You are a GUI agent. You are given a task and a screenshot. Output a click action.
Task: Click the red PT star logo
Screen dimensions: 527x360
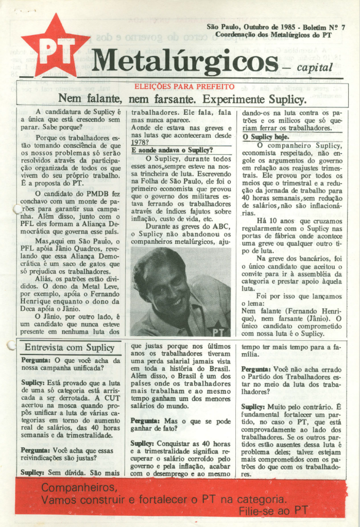55,48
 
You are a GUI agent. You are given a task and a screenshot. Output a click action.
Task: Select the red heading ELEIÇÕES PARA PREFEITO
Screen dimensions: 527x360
184,87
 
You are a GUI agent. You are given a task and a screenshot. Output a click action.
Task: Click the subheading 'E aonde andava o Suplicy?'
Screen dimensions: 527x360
172,150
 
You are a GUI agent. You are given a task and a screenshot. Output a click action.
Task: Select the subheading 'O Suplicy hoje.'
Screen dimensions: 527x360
266,137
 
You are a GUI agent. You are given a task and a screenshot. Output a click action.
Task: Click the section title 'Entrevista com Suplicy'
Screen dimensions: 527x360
69,347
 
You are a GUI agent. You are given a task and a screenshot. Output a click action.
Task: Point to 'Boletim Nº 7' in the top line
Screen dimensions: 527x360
324,26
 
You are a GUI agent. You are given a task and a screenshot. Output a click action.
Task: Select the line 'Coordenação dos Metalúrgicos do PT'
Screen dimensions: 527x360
273,34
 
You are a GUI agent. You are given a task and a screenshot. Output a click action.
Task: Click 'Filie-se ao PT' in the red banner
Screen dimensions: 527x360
273,510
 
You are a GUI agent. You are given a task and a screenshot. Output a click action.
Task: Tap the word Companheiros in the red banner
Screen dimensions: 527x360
79,487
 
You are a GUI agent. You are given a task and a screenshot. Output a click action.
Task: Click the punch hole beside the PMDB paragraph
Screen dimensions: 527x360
18,209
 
